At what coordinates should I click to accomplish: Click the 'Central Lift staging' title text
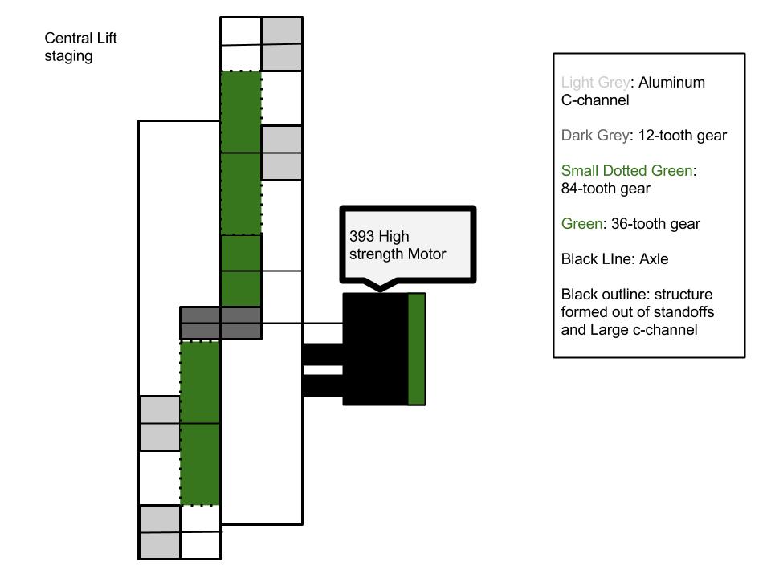click(x=80, y=47)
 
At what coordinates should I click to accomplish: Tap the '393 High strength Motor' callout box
click(x=408, y=244)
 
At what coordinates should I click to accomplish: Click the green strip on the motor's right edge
click(x=417, y=349)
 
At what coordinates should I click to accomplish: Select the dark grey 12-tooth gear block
click(x=221, y=323)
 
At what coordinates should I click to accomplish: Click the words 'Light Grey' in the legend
click(x=595, y=83)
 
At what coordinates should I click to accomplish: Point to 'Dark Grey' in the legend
click(x=595, y=136)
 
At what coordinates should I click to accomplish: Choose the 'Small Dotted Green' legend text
click(x=627, y=170)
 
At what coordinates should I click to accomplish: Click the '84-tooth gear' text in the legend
click(x=606, y=188)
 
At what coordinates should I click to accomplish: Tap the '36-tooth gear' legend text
click(x=655, y=224)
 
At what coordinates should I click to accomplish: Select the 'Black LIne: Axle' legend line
click(x=614, y=259)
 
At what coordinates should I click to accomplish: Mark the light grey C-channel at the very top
click(x=281, y=44)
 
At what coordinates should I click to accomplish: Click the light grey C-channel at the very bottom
click(x=160, y=532)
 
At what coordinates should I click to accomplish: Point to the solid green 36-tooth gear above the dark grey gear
click(x=241, y=271)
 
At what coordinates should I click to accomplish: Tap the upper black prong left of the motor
click(x=323, y=354)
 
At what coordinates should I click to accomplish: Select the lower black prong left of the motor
click(x=323, y=386)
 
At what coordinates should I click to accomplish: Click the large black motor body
click(x=376, y=349)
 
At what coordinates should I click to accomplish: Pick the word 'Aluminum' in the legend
click(x=671, y=83)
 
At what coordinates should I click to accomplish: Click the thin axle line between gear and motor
click(x=302, y=323)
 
